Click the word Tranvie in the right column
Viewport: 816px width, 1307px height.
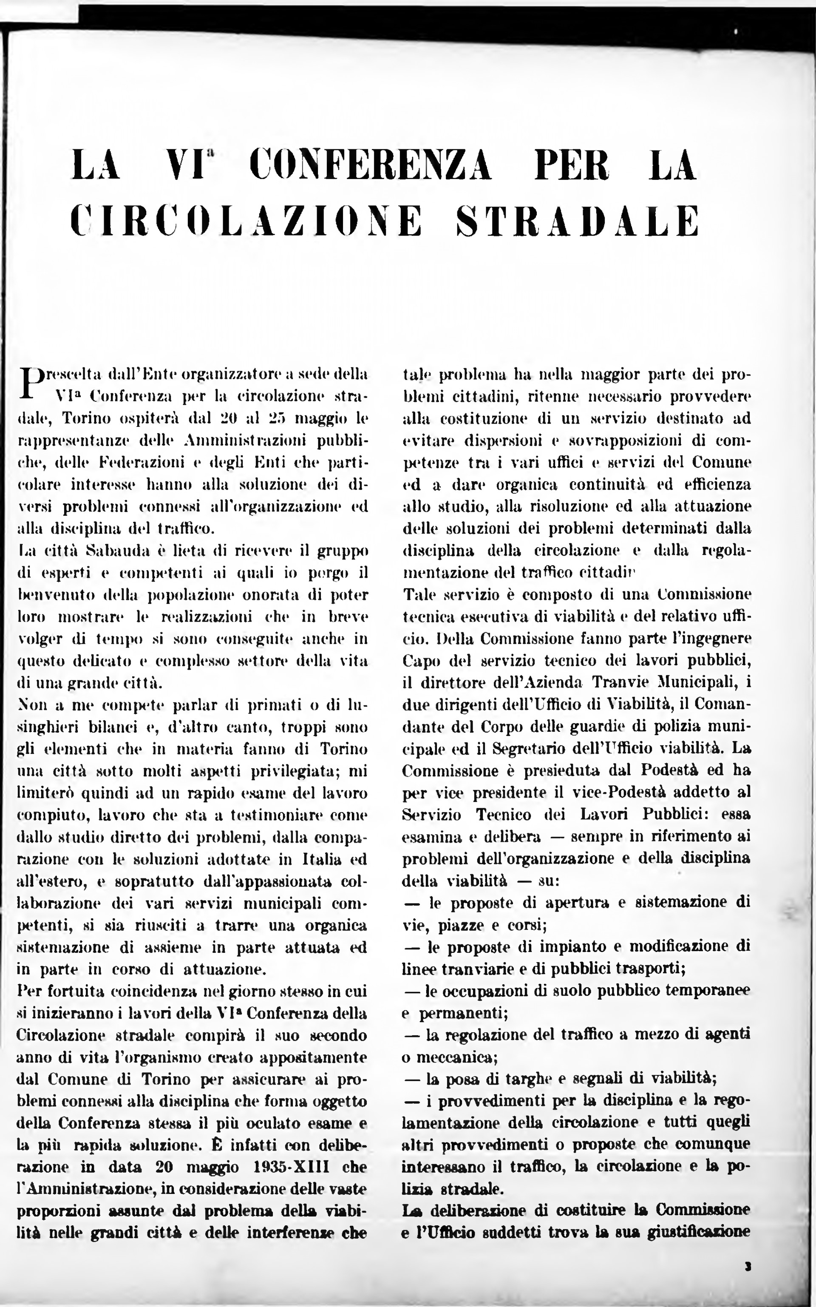pyautogui.click(x=620, y=682)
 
